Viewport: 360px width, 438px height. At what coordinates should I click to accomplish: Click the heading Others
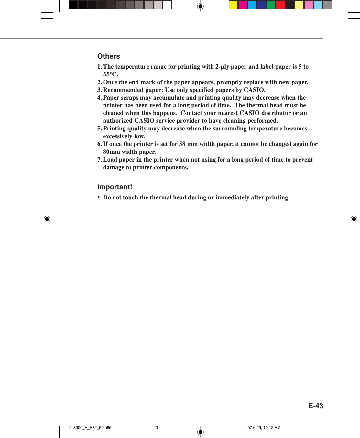point(109,56)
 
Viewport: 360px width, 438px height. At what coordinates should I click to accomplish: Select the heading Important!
point(115,187)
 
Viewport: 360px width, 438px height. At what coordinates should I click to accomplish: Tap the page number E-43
point(315,406)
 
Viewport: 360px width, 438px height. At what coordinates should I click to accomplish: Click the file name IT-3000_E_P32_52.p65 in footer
point(90,428)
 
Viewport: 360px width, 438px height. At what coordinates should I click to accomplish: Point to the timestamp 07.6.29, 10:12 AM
point(264,428)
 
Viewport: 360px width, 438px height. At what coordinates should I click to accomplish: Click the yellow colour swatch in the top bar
point(233,5)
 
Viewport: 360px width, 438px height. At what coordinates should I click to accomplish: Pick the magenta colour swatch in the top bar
point(243,5)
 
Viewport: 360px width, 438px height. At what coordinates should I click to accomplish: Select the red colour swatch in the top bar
point(280,5)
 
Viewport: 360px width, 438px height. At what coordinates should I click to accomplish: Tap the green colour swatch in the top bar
point(271,5)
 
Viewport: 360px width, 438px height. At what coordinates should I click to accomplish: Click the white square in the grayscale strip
point(167,5)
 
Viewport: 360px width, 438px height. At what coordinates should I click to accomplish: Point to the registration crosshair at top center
point(200,6)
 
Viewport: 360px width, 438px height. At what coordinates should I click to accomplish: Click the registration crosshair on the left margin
point(47,219)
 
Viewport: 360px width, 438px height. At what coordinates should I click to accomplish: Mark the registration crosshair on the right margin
point(354,219)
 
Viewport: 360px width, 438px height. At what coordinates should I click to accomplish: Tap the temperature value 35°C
point(110,74)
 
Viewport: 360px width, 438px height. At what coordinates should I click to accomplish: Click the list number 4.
point(99,98)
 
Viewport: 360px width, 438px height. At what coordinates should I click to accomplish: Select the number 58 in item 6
point(182,144)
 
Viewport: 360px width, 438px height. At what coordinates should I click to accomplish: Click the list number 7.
point(99,160)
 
